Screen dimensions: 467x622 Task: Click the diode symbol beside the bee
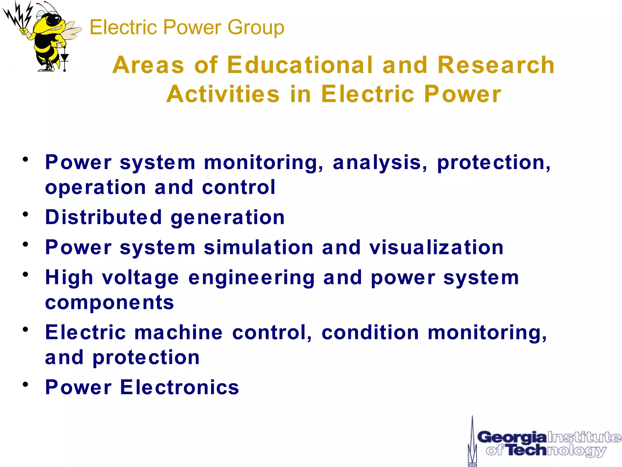click(x=64, y=58)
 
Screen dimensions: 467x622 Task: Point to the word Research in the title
click(x=496, y=65)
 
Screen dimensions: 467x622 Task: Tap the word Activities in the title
click(x=223, y=94)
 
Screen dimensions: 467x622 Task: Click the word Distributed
click(x=104, y=217)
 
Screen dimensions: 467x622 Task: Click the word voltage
click(x=140, y=278)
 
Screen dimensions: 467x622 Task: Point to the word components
click(x=110, y=302)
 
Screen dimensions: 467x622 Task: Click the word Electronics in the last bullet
click(x=179, y=387)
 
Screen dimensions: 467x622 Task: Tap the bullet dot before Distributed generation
click(x=26, y=214)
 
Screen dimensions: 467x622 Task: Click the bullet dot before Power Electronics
click(x=26, y=384)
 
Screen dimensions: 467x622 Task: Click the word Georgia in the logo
click(x=511, y=438)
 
